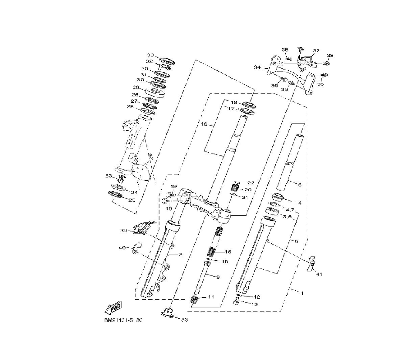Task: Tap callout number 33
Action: [x=184, y=320]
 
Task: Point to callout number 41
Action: [x=319, y=274]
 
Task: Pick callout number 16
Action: [x=204, y=124]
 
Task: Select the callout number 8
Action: [x=300, y=184]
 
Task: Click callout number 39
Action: [x=124, y=231]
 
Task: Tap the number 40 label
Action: [x=122, y=248]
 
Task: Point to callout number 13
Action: [x=254, y=304]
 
